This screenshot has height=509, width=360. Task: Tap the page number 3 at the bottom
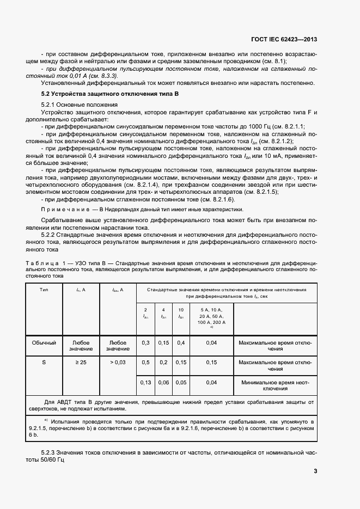tap(315, 471)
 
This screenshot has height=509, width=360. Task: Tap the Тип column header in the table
tap(44, 290)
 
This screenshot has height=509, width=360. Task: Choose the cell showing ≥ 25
tap(81, 362)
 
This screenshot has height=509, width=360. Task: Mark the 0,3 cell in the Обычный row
tap(145, 342)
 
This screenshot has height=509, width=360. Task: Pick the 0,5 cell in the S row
tap(145, 362)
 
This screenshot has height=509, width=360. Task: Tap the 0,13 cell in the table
tap(145, 382)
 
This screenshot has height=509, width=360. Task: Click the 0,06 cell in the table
tap(163, 382)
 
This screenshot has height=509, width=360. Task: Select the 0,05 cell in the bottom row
tap(181, 382)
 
